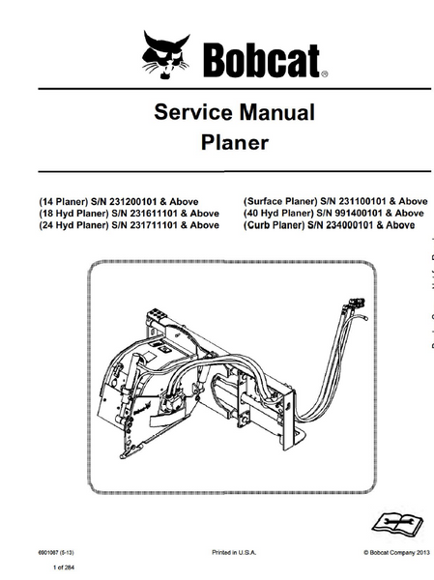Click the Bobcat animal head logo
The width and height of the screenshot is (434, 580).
pos(165,55)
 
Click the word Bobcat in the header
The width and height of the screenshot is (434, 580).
pos(262,60)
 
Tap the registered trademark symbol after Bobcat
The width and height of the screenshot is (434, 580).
pos(324,74)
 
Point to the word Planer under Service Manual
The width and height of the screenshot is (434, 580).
pos(235,143)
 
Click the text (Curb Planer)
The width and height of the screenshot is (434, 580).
pos(274,225)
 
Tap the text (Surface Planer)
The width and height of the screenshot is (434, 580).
pos(280,201)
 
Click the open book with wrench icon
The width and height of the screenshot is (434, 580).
pos(397,524)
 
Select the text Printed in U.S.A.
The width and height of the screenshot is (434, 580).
pos(234,553)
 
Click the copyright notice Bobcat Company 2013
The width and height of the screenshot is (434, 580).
pos(396,553)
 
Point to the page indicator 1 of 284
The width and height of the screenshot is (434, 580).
pos(64,567)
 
